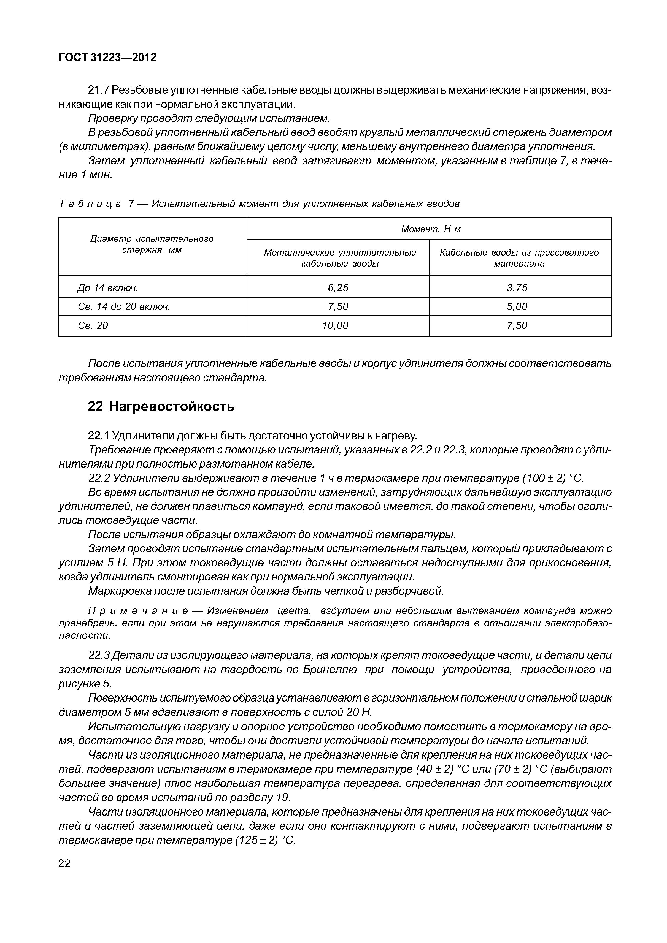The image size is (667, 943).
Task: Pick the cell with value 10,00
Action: tap(335, 326)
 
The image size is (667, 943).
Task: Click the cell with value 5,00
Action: tap(517, 306)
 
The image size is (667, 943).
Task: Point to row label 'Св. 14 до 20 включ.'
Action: tap(124, 306)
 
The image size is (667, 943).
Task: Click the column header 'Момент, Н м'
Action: tap(431, 229)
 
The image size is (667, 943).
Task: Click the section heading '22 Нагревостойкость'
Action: tap(161, 406)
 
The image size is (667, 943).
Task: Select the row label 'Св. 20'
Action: tap(93, 326)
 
